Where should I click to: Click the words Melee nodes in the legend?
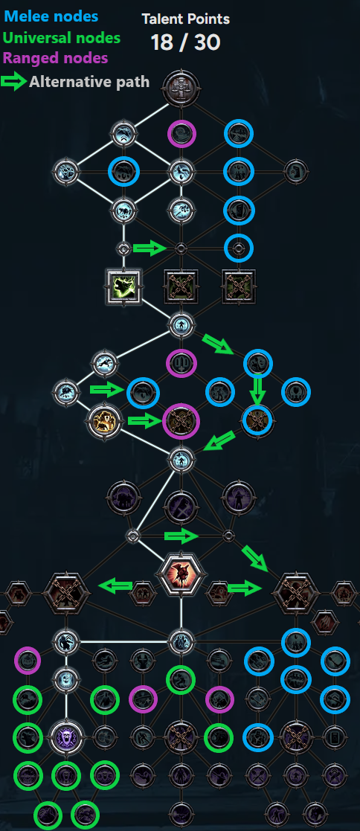51,16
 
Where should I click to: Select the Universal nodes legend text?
62,38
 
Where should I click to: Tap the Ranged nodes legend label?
56,58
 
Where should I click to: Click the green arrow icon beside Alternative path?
14,82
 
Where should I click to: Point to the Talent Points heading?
185,19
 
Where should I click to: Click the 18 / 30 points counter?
185,42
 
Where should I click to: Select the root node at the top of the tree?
181,85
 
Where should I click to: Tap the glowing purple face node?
66,736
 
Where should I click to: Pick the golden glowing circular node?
104,422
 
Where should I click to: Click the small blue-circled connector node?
239,248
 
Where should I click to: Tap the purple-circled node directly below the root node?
181,134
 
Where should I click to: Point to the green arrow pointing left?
115,585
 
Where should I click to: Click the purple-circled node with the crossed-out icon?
181,422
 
